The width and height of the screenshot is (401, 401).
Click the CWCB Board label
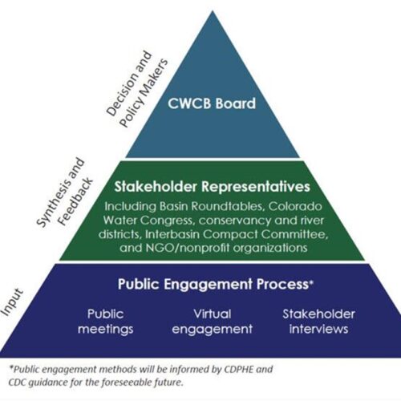click(212, 103)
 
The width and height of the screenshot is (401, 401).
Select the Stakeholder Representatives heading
click(213, 186)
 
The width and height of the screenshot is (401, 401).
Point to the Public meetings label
click(106, 322)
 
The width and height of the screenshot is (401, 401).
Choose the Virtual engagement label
click(213, 322)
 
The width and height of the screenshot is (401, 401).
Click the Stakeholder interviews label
click(319, 322)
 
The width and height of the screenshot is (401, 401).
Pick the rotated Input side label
click(13, 302)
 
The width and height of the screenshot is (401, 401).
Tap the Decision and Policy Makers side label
click(137, 89)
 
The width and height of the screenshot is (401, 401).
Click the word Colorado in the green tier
click(295, 206)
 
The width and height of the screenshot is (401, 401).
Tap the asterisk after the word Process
click(311, 282)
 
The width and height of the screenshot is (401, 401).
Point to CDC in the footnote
click(18, 382)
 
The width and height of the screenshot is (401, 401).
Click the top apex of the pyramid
click(213, 11)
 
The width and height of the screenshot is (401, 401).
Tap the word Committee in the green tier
click(294, 234)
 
